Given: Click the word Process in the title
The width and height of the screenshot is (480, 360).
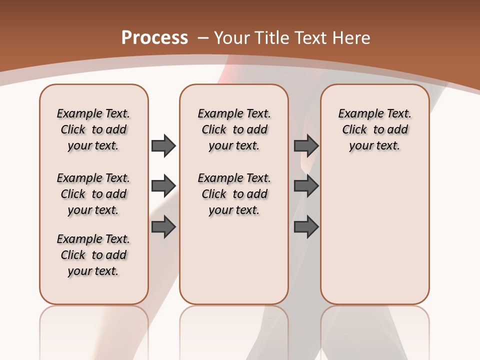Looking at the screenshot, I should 154,38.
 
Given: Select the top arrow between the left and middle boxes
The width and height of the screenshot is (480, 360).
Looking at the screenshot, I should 163,145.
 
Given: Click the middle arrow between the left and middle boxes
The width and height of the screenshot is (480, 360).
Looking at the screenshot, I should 163,186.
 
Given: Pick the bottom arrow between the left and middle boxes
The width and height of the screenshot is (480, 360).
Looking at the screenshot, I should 163,227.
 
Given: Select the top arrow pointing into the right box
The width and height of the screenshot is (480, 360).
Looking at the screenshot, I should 306,145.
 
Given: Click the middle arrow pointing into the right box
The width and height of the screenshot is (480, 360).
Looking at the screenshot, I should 306,186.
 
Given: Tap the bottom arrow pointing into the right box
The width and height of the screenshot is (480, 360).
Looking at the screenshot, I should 306,227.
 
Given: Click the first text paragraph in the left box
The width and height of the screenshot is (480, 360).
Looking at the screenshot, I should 93,129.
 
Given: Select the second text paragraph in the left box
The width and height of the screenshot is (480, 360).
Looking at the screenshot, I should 93,194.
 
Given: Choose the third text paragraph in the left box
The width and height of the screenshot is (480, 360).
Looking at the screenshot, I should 93,255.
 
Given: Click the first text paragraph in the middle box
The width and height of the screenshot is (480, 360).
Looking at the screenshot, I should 234,129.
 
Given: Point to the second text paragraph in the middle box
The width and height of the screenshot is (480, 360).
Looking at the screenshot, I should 234,194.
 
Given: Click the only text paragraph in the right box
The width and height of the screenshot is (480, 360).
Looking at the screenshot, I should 374,129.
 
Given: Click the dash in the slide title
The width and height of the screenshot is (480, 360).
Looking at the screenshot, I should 203,38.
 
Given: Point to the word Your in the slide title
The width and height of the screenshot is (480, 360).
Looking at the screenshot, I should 232,38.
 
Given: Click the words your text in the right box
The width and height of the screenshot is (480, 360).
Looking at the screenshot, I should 374,146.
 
